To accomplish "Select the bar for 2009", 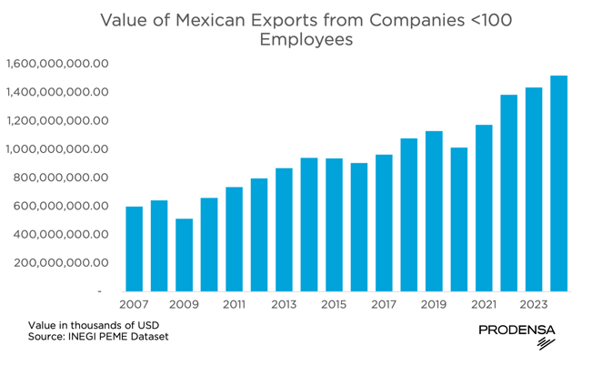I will [184, 255].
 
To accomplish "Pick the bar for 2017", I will [384, 223].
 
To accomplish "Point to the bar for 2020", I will [459, 219].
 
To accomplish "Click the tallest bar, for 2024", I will [558, 183].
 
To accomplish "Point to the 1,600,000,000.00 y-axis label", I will [57, 64].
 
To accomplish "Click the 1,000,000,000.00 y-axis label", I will [57, 149].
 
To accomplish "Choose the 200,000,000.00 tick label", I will [63, 263].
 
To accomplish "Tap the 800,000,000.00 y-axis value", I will [63, 178].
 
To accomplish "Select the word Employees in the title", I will [306, 40].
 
